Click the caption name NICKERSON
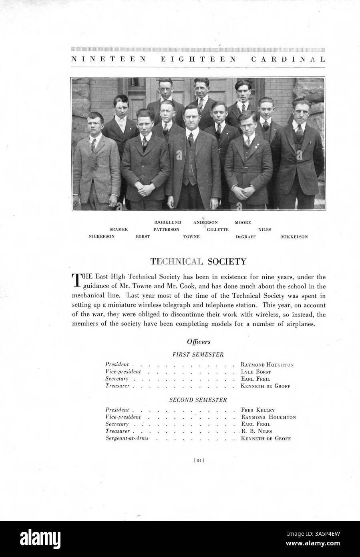(101, 236)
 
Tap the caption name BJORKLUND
(168, 222)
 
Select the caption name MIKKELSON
(294, 237)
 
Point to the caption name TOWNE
(191, 237)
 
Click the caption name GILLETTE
(218, 230)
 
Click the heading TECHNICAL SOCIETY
(198, 262)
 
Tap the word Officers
(199, 342)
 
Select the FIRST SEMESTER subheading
(198, 354)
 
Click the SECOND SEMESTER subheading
(198, 400)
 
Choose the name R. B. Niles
(256, 431)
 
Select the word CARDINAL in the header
(288, 59)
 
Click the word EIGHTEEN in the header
(195, 59)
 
